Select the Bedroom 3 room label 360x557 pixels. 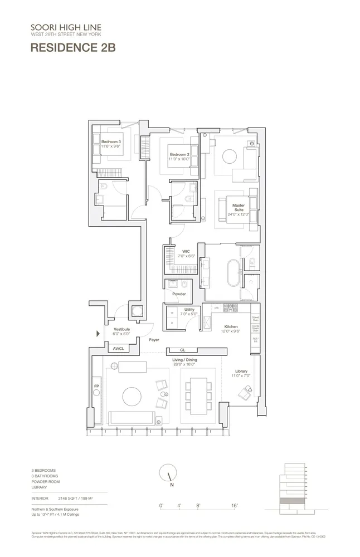tap(110, 143)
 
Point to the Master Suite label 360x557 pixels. tap(239, 208)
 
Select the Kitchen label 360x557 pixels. tap(231, 326)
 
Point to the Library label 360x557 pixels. tap(241, 372)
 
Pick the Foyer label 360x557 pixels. tap(154, 339)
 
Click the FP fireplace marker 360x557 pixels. tap(96, 385)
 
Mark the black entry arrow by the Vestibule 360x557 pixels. tap(99, 334)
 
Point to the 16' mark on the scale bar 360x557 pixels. tap(235, 506)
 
